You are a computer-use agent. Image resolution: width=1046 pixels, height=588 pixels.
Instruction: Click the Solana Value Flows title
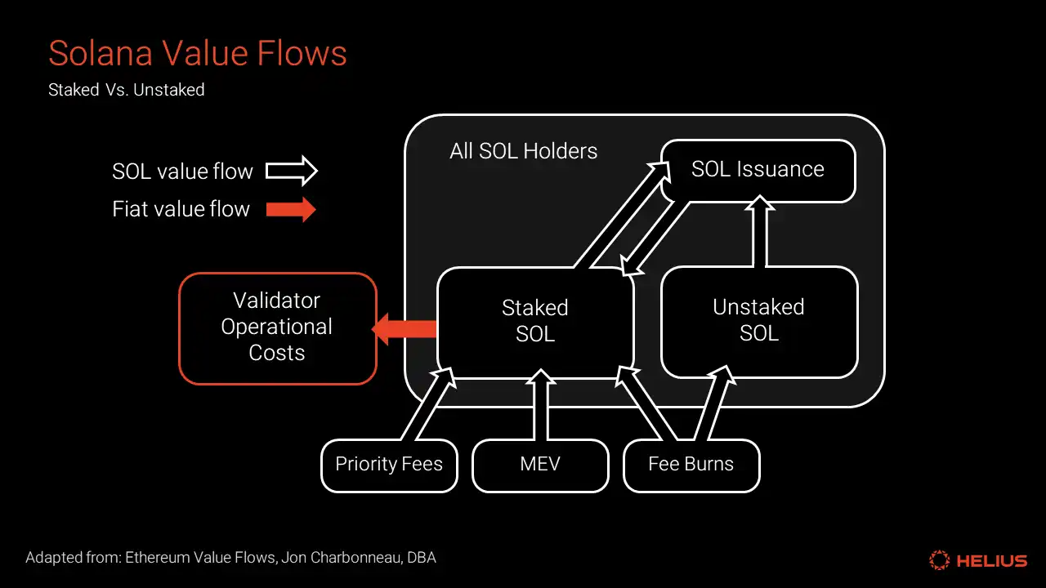point(198,54)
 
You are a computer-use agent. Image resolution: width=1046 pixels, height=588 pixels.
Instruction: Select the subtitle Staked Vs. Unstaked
point(127,90)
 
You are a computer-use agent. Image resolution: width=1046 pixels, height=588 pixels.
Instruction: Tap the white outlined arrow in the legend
point(292,171)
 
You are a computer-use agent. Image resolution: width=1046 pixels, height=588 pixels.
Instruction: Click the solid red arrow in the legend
point(292,209)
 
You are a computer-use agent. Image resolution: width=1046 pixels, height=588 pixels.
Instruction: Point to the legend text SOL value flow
point(182,171)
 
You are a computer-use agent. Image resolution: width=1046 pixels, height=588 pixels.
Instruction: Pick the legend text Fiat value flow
point(181,209)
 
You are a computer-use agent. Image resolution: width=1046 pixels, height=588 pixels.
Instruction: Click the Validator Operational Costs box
point(277,327)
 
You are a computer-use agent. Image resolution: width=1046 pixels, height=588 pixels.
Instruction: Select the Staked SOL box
point(535,321)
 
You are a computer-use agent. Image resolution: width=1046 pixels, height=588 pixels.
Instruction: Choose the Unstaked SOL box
point(758,320)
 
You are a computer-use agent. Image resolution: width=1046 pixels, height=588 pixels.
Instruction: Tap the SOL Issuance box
point(758,170)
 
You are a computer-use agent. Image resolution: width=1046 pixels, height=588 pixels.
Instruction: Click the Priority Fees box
point(389,465)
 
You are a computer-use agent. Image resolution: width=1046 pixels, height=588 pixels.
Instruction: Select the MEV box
point(540,465)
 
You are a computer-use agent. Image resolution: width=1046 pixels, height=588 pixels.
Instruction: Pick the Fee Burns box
point(691,465)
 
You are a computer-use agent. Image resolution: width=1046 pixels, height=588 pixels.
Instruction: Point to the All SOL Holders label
point(523,151)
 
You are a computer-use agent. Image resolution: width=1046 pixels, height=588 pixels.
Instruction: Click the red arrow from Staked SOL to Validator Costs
point(405,328)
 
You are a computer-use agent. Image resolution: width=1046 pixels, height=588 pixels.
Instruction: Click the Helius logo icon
point(940,560)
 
